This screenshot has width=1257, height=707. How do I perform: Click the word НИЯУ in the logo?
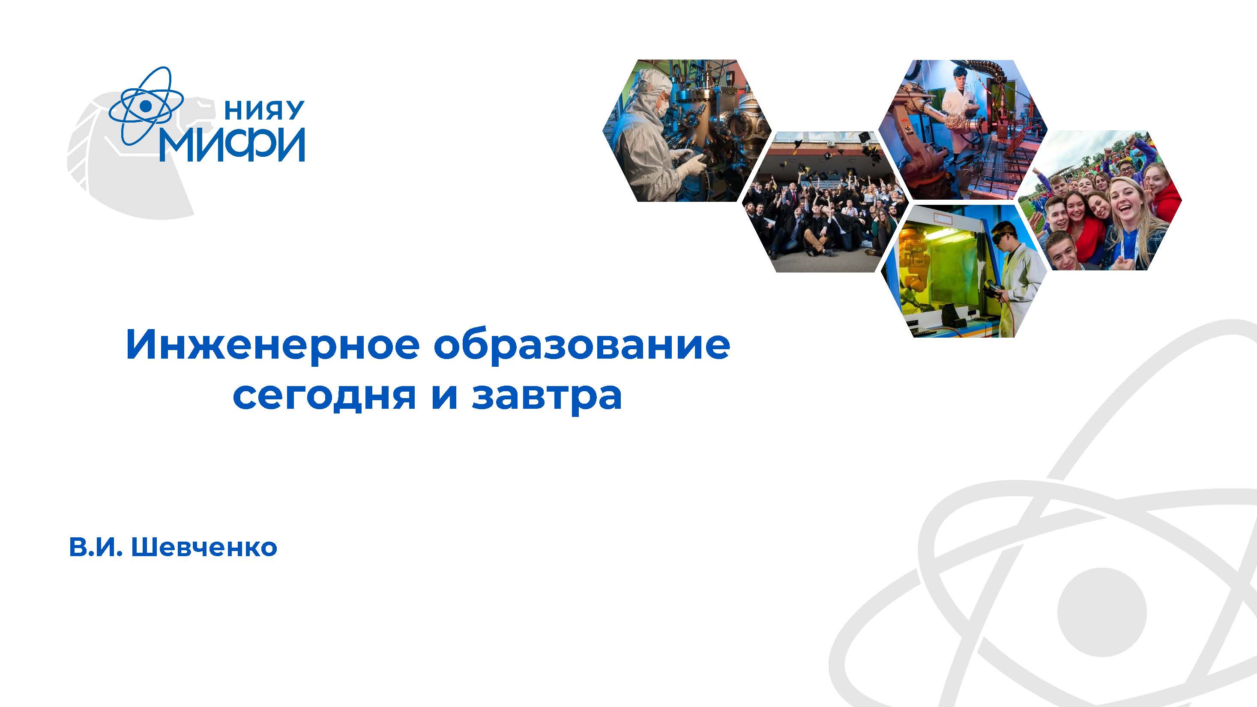pyautogui.click(x=264, y=111)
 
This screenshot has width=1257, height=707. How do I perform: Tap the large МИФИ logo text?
pyautogui.click(x=233, y=145)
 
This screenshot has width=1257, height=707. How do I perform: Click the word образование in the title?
pyautogui.click(x=582, y=345)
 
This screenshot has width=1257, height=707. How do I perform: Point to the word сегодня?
pyautogui.click(x=324, y=396)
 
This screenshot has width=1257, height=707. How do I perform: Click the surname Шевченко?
pyautogui.click(x=204, y=547)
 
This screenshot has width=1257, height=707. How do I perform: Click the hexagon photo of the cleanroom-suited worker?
pyautogui.click(x=687, y=131)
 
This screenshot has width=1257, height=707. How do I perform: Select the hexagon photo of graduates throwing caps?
pyautogui.click(x=826, y=201)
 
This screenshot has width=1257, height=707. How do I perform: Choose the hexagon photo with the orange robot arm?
pyautogui.click(x=962, y=130)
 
